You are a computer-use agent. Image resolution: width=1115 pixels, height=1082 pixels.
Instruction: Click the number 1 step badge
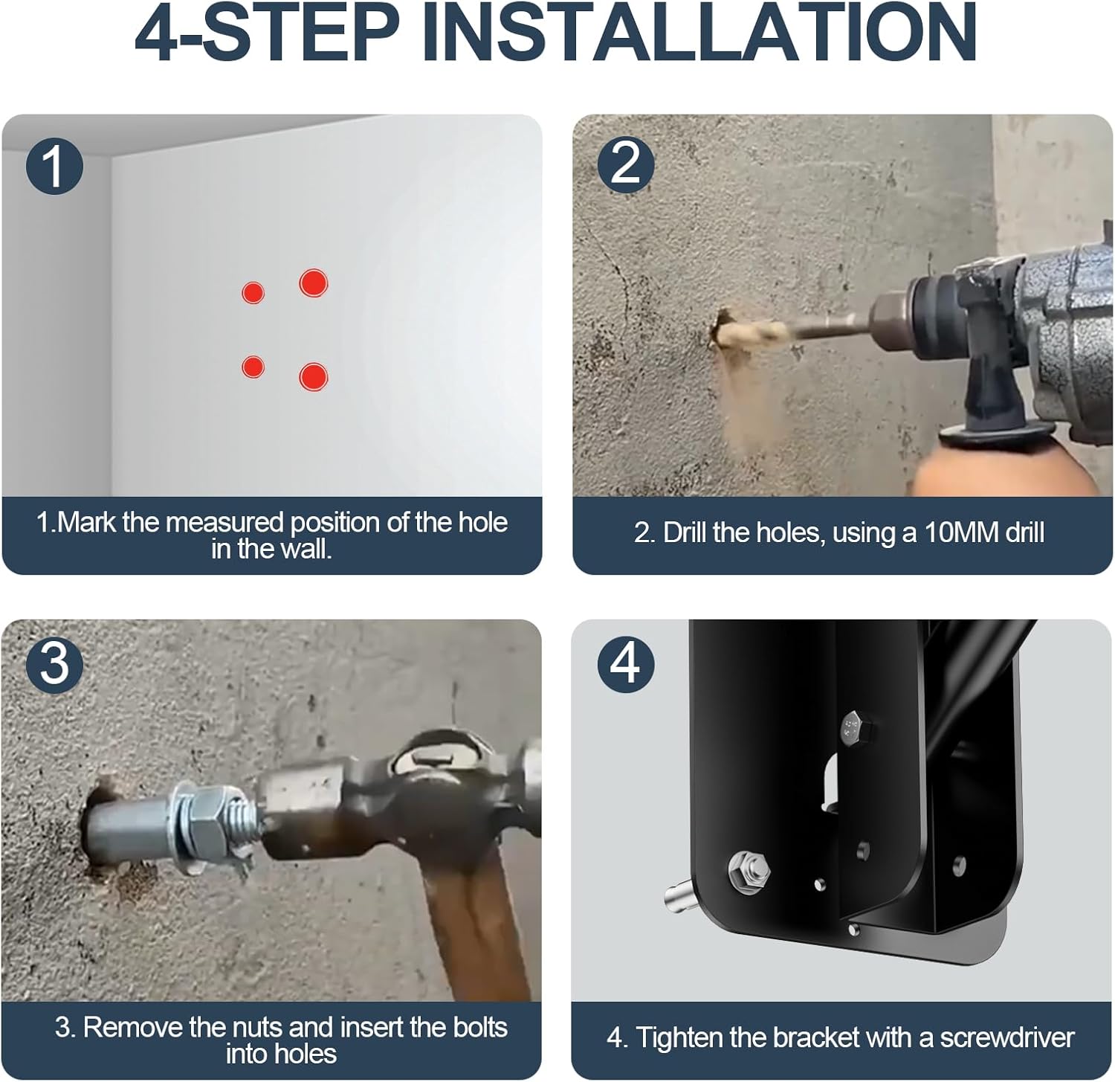[x=54, y=166]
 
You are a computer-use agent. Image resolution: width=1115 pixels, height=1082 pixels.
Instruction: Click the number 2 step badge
[x=625, y=164]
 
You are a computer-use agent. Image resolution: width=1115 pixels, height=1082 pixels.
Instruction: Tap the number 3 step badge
[x=54, y=663]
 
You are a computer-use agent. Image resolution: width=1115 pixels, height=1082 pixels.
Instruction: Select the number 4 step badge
[x=625, y=663]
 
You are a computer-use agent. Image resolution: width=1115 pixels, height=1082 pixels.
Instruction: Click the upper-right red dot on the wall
[x=313, y=283]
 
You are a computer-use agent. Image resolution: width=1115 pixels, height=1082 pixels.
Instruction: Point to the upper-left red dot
[x=253, y=292]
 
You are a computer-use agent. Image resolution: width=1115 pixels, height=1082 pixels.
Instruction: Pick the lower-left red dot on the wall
[x=253, y=367]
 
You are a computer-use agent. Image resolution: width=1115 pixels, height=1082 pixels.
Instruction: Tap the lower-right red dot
[x=313, y=377]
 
